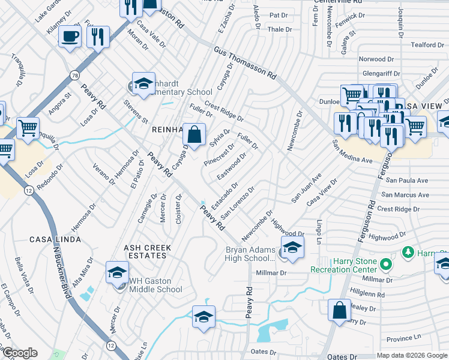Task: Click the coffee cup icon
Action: [x=70, y=37]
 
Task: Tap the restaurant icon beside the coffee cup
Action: [x=98, y=37]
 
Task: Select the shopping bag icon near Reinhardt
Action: [x=194, y=134]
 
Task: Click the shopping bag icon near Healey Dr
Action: [x=339, y=310]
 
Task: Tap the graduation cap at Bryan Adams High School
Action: [x=292, y=247]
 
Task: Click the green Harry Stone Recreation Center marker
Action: [x=386, y=264]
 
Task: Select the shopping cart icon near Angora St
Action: [x=28, y=128]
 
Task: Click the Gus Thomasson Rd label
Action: [x=243, y=64]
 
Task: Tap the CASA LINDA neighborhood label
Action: [x=55, y=239]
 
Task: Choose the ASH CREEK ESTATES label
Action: [x=147, y=251]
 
